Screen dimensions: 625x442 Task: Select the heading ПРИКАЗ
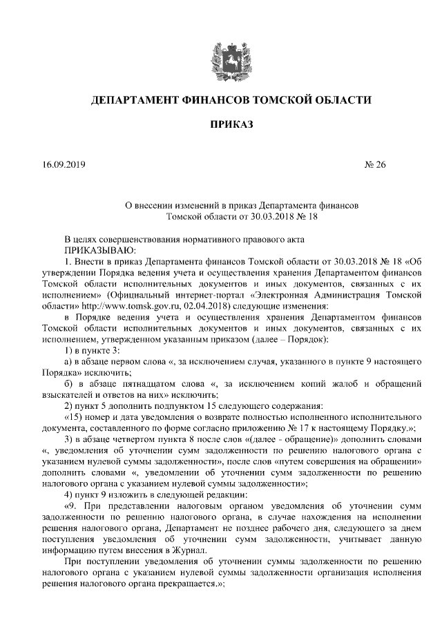221,125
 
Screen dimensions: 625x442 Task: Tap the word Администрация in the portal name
349,294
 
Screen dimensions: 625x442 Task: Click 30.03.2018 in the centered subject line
241,216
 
